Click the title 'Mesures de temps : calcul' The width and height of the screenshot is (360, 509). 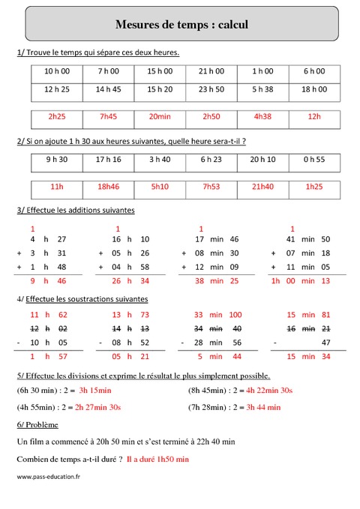(x=181, y=25)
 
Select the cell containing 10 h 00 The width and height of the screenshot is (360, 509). (x=57, y=71)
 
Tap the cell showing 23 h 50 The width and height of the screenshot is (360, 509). (x=211, y=89)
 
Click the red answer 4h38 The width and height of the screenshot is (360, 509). (x=262, y=117)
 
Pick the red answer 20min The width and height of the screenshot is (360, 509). (x=160, y=117)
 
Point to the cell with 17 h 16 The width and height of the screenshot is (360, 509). (x=109, y=159)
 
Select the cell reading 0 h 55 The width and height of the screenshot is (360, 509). (x=313, y=159)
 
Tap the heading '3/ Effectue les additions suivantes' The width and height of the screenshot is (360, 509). (x=75, y=210)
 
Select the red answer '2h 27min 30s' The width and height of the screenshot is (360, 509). (x=97, y=407)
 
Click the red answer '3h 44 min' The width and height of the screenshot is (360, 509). (x=259, y=407)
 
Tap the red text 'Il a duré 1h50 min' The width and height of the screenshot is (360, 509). (x=157, y=458)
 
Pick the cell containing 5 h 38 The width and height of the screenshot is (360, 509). (x=262, y=89)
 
